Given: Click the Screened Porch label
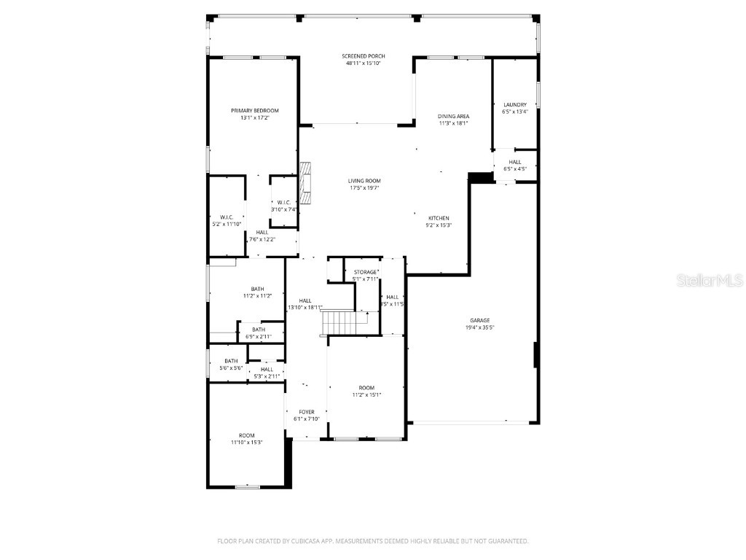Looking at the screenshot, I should (x=364, y=56).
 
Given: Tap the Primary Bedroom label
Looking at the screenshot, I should (x=255, y=111).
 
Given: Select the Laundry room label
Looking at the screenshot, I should (x=514, y=104).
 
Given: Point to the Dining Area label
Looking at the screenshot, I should (x=453, y=117).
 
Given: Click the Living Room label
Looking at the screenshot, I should (x=364, y=181).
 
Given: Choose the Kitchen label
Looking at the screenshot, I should (x=439, y=218).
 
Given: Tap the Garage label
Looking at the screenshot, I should (x=479, y=320).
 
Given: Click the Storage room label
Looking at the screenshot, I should (x=366, y=272).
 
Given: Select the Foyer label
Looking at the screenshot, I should (x=306, y=412).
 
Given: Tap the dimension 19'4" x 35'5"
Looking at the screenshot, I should (x=479, y=328).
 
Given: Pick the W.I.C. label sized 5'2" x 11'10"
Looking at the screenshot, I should (x=226, y=217).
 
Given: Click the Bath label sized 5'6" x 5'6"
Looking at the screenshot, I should (x=231, y=361).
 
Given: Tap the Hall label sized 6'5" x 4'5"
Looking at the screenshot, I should (x=515, y=162).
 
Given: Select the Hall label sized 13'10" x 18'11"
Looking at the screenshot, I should (x=305, y=300).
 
